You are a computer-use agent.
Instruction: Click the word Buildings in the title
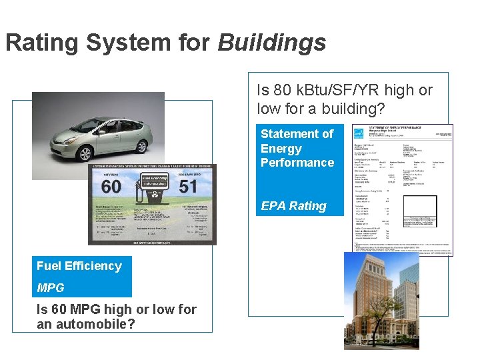(272, 43)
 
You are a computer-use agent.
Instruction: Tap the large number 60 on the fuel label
(111, 186)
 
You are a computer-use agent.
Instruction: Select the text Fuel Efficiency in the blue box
(79, 266)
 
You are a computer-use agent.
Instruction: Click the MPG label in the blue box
(51, 288)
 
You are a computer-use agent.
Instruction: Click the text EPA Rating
(293, 206)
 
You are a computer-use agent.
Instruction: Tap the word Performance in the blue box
(297, 163)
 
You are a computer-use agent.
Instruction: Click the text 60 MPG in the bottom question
(73, 309)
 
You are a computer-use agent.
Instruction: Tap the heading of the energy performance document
(397, 129)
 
